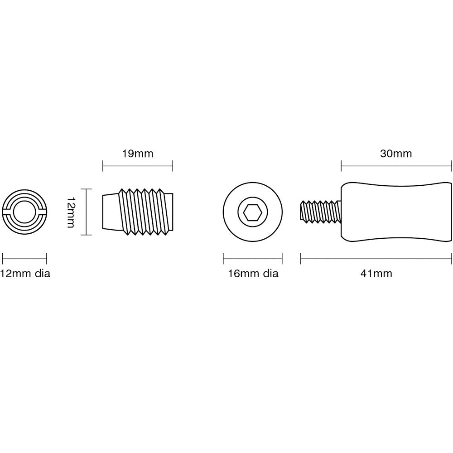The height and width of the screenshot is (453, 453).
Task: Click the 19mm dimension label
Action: point(138,154)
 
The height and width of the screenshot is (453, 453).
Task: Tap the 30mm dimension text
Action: point(396,154)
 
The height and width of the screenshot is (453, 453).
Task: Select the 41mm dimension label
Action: point(376,273)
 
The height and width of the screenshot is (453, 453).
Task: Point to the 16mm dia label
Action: point(253,273)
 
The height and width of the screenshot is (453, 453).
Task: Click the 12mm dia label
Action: point(25,273)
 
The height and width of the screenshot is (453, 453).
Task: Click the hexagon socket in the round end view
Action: point(253,212)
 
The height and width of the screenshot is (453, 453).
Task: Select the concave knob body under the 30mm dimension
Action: point(396,212)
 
